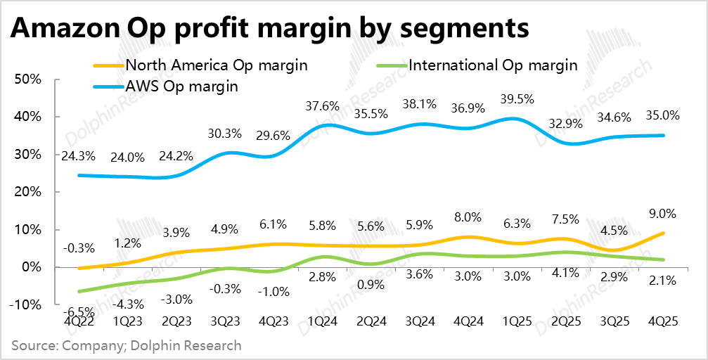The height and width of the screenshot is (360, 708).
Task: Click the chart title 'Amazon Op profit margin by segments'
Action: click(x=269, y=30)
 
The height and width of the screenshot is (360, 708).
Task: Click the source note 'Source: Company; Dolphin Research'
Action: click(x=127, y=345)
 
